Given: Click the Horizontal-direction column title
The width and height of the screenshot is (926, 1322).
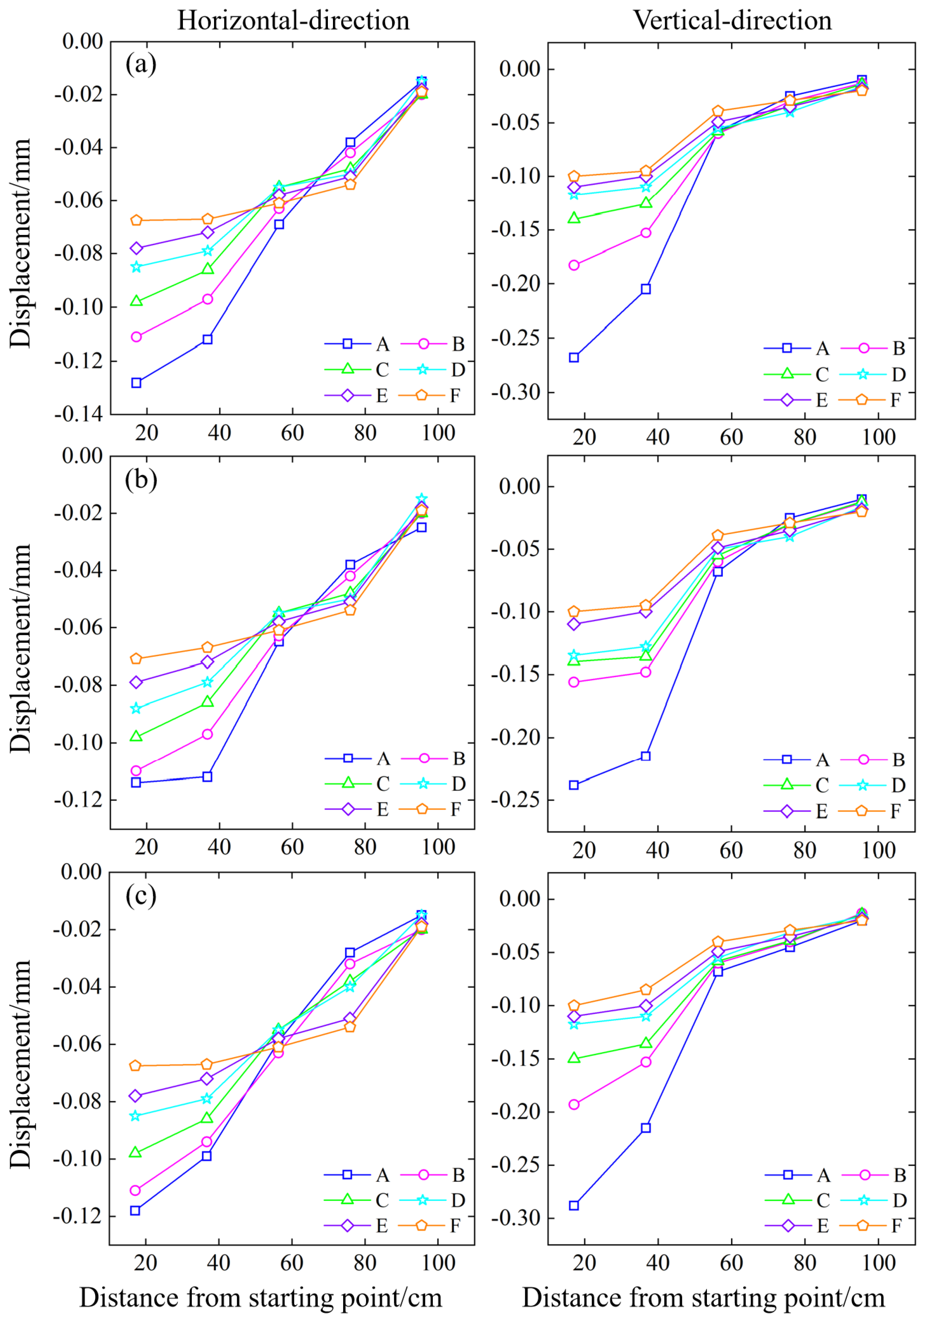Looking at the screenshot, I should coord(293,21).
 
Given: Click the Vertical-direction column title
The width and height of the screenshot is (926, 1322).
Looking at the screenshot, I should coord(732,21).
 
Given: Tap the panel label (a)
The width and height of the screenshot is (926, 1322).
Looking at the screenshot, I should coord(141,64).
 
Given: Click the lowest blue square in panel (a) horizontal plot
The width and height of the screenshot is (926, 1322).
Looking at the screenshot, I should coord(136,383).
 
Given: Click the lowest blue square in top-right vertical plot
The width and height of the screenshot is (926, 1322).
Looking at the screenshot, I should coord(574,358).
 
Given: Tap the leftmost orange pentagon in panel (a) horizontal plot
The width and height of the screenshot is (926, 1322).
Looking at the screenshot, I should coord(136,220).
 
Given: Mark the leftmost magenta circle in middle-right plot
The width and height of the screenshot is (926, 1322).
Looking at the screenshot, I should coord(574,682).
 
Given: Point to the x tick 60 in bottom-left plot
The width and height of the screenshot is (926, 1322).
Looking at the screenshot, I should coord(292,1263).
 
